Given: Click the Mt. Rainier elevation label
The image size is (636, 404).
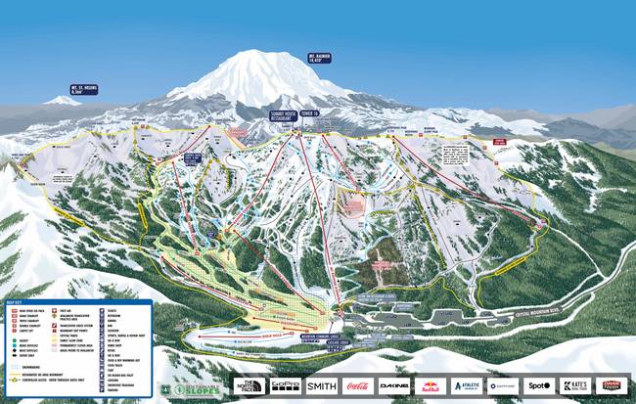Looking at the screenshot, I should (318, 58).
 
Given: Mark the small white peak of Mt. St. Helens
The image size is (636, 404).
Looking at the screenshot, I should (63, 100).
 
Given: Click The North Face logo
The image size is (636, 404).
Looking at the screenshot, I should (250, 385).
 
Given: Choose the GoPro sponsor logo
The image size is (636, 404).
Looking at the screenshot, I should (286, 385).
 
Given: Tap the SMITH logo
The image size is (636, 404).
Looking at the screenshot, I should (322, 385).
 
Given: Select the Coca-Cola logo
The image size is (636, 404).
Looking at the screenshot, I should (358, 385).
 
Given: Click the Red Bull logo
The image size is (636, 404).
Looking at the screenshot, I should (431, 385).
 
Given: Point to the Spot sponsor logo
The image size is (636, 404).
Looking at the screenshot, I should (538, 385).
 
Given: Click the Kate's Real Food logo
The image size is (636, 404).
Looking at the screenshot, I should (574, 385).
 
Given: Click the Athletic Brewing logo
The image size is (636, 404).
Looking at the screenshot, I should (467, 385).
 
